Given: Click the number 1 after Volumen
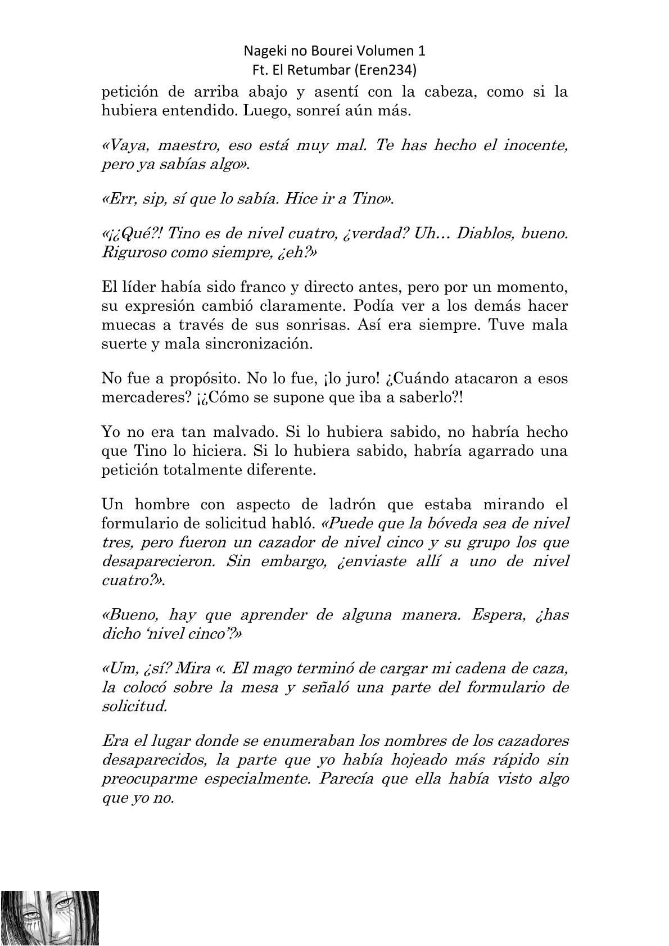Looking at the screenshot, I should [422, 51].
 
